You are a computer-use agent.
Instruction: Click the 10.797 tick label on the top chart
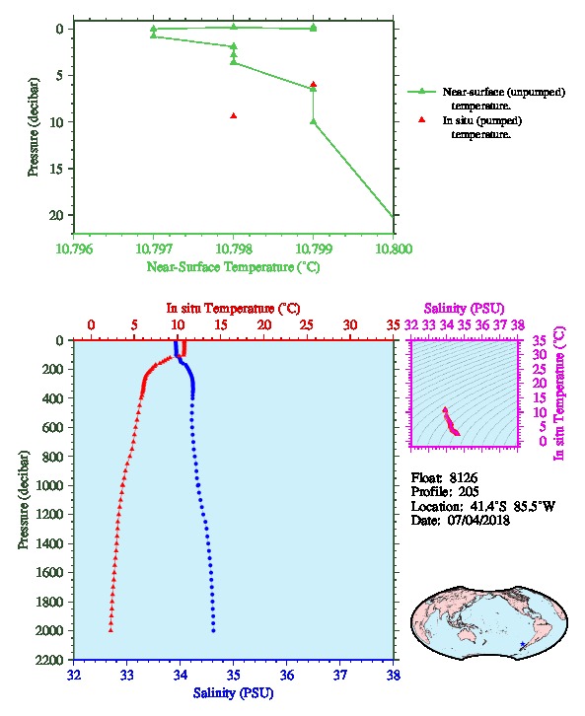[x=154, y=249]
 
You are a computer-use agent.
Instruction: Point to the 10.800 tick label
[x=394, y=249]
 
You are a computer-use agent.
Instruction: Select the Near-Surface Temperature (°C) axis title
[x=233, y=267]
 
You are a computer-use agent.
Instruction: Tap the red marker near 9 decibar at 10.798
[x=234, y=116]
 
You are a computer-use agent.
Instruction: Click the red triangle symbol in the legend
[x=422, y=119]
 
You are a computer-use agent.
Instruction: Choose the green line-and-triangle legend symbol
[x=422, y=92]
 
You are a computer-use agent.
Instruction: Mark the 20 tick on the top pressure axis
[x=56, y=215]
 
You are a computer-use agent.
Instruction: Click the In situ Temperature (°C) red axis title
[x=233, y=309]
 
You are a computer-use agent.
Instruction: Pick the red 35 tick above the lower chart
[x=393, y=325]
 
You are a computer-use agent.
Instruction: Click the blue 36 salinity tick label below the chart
[x=287, y=675]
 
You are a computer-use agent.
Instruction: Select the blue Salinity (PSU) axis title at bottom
[x=234, y=693]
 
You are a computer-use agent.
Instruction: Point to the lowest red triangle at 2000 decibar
[x=110, y=630]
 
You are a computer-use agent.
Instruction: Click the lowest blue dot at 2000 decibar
[x=213, y=630]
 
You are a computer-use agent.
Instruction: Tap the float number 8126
[x=463, y=478]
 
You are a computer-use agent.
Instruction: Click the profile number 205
[x=469, y=492]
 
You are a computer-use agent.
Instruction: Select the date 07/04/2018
[x=478, y=520]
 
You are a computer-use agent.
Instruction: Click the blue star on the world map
[x=523, y=644]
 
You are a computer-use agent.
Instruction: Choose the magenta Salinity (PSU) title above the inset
[x=464, y=309]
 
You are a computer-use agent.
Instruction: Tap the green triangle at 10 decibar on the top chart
[x=314, y=121]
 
